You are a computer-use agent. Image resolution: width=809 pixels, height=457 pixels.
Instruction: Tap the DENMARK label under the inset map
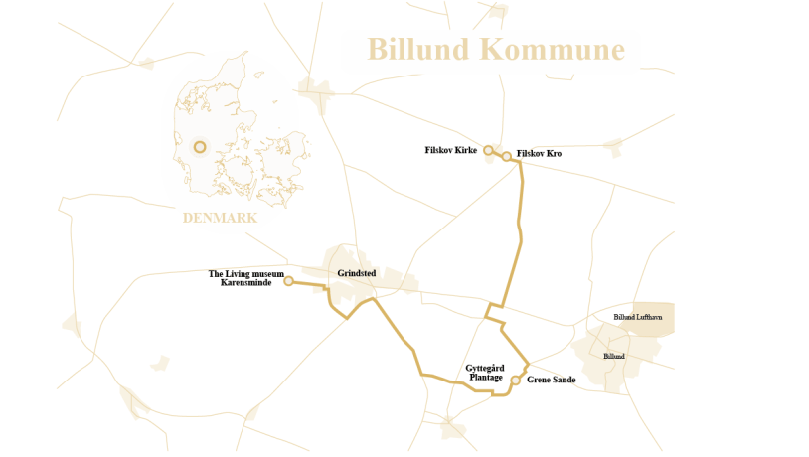tap(220, 218)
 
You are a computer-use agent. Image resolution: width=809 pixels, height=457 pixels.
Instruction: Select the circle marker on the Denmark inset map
tap(200, 147)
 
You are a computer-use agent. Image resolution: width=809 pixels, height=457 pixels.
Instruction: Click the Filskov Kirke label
tap(451, 151)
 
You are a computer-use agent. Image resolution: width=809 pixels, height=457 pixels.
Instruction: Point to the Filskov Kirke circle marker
tap(488, 150)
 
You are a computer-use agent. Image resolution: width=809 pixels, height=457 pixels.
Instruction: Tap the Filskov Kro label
tap(539, 154)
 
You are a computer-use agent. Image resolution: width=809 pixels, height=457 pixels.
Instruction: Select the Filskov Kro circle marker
tap(506, 156)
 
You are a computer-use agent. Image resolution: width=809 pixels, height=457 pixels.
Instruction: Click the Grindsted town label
tap(356, 272)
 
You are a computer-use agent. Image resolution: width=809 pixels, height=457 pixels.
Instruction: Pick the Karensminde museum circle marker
tap(288, 281)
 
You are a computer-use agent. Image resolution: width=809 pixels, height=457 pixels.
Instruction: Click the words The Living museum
tap(246, 274)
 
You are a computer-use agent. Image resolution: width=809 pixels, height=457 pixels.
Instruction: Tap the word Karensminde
tap(246, 283)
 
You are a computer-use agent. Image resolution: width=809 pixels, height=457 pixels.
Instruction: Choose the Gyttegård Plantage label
tap(484, 373)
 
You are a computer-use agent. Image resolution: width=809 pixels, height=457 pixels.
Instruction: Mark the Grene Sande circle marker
tap(515, 380)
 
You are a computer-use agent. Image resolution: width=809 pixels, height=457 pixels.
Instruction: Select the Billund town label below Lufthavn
tap(614, 356)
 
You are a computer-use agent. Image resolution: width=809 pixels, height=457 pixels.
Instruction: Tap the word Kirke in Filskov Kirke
tap(466, 151)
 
